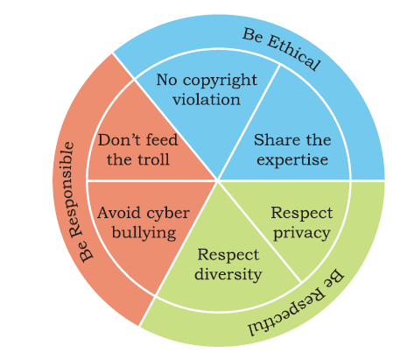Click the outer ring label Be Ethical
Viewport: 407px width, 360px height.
click(x=282, y=49)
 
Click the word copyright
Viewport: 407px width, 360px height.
click(x=220, y=81)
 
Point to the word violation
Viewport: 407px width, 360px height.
click(x=207, y=99)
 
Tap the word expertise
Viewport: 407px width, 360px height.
click(x=292, y=160)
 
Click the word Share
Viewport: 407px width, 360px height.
click(x=272, y=140)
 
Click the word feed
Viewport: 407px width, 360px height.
click(x=162, y=140)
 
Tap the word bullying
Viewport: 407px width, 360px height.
click(x=144, y=233)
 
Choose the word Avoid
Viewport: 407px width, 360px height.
click(x=119, y=213)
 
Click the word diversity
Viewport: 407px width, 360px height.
click(x=228, y=274)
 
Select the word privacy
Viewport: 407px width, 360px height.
click(x=301, y=233)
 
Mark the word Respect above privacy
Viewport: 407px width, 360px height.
click(x=302, y=213)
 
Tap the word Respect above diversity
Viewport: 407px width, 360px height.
click(x=228, y=255)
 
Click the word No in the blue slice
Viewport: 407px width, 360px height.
click(x=166, y=80)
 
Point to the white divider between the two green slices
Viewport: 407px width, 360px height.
click(x=259, y=231)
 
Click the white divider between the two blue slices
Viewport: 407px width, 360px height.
click(x=249, y=123)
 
